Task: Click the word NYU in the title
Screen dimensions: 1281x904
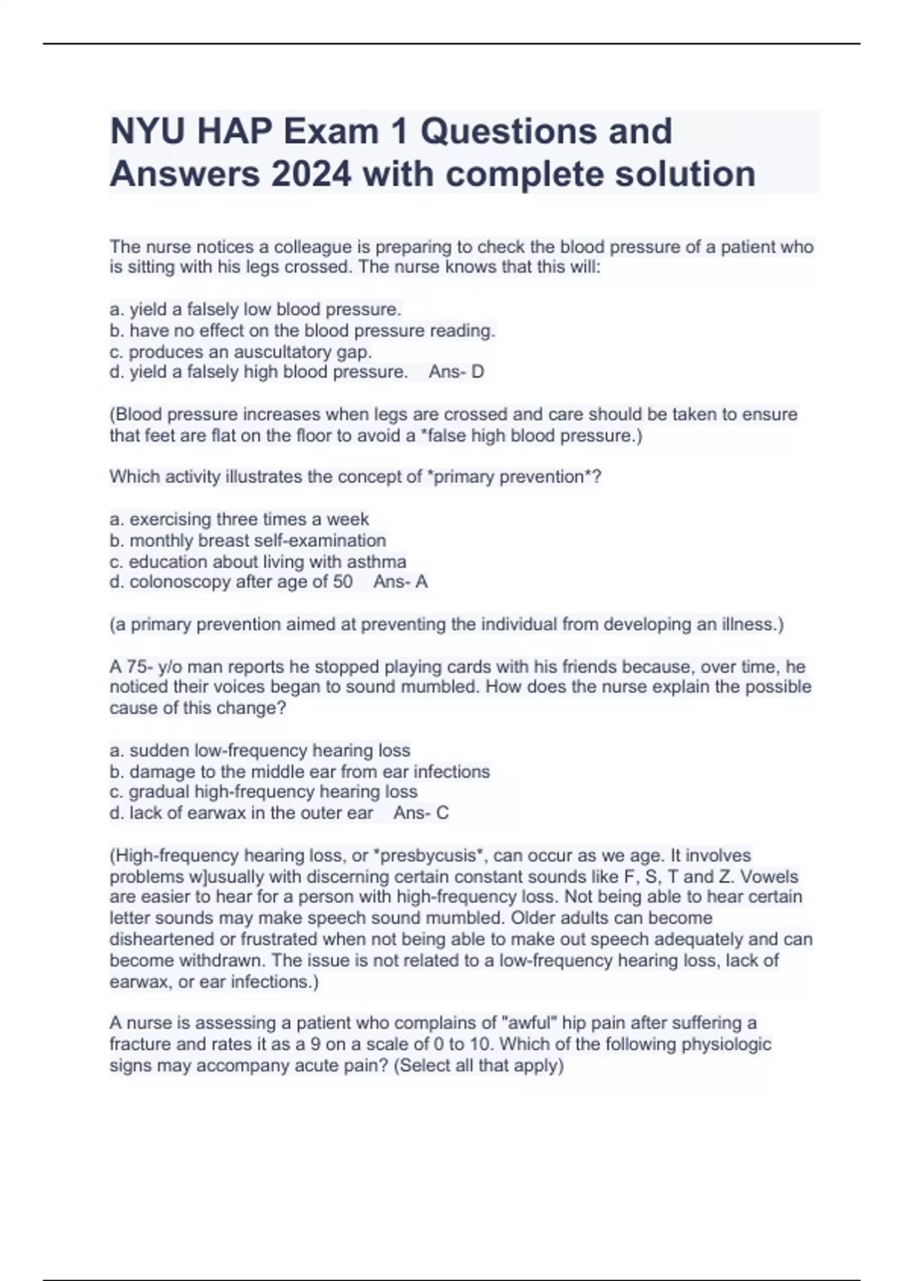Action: [x=148, y=132]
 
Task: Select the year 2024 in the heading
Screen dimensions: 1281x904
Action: [x=311, y=175]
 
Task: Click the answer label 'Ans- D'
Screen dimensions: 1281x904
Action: [x=457, y=372]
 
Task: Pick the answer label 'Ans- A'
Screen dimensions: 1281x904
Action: [x=401, y=582]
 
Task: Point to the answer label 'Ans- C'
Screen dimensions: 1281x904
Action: [x=421, y=813]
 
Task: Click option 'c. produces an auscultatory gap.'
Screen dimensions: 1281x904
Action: [x=241, y=352]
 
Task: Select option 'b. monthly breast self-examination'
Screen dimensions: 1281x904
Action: [x=248, y=540]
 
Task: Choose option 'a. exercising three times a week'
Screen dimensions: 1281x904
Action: [x=240, y=519]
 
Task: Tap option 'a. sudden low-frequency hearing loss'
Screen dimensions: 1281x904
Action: [x=260, y=751]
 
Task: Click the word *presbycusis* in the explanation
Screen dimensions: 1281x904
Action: [x=428, y=856]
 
